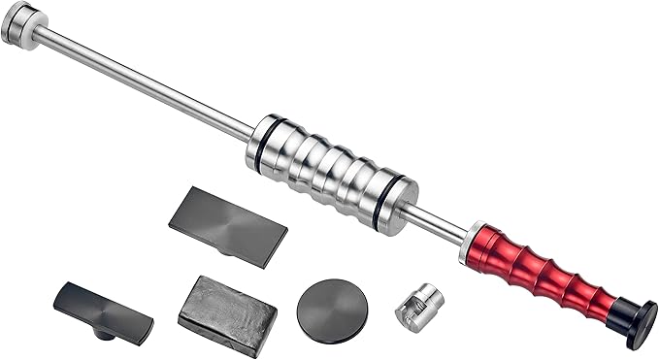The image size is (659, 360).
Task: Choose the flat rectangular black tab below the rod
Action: click(228, 222)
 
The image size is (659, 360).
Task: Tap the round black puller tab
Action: click(332, 310)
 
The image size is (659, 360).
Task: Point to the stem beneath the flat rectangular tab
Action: click(223, 250)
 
